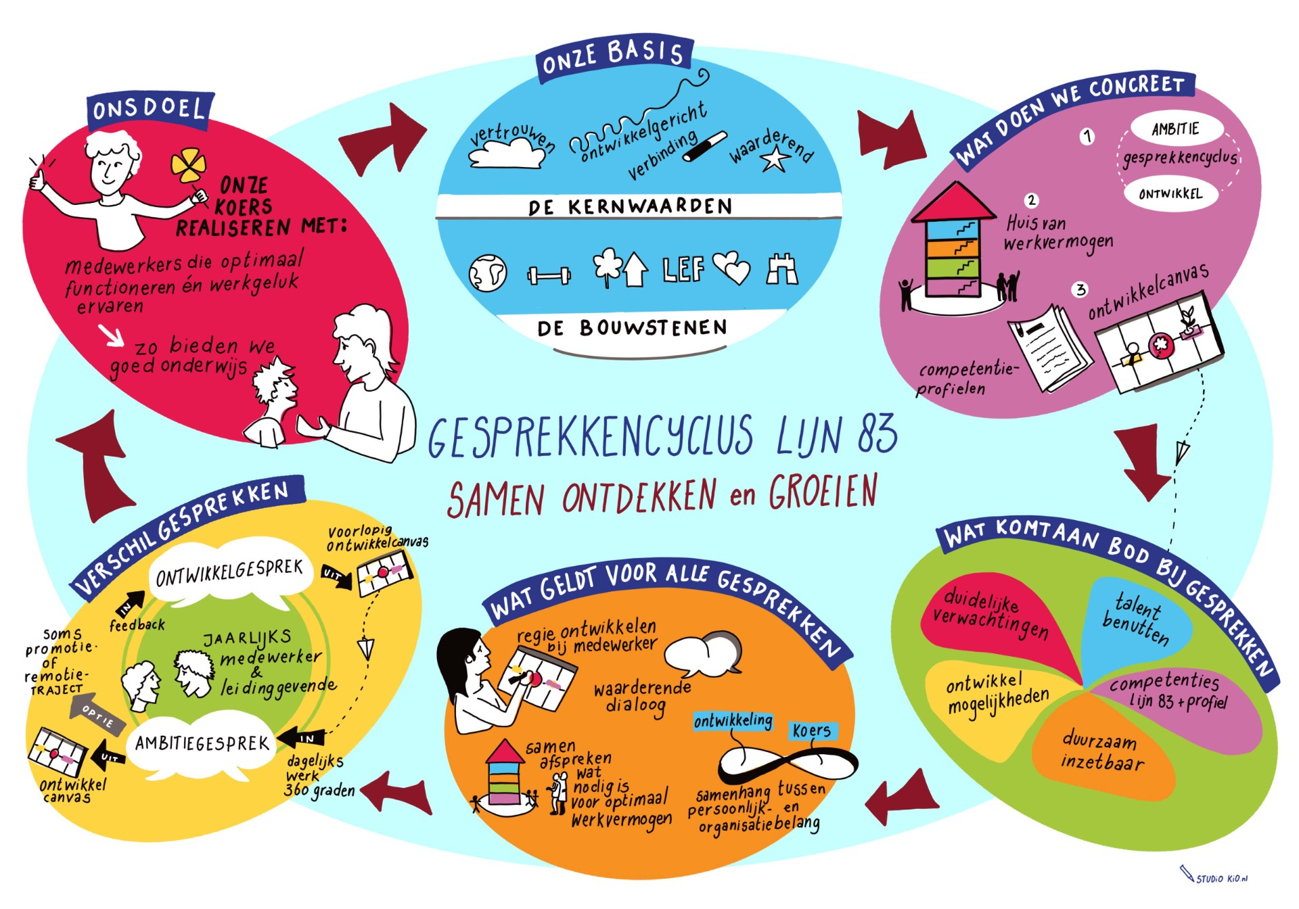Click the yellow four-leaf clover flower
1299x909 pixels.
point(187,166)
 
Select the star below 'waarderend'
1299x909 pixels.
point(775,160)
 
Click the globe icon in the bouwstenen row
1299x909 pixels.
point(488,273)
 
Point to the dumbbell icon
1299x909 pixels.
point(549,275)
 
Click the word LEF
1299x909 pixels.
point(683,269)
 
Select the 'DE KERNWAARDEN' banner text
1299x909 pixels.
point(631,207)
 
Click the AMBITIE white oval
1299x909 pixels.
point(1176,129)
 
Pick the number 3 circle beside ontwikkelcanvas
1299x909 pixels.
point(1080,289)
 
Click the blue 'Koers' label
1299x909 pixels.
point(812,731)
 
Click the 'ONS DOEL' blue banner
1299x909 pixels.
point(150,110)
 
